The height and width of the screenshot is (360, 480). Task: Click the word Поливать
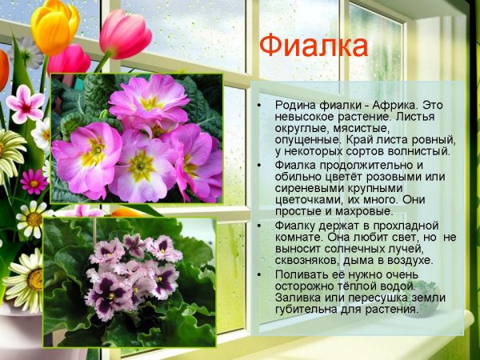(x=301, y=274)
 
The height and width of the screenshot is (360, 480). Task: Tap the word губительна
(x=311, y=309)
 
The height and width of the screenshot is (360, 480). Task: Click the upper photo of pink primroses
(x=136, y=138)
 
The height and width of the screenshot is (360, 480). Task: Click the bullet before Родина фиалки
(x=258, y=106)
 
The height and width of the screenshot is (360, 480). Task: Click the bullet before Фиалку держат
(x=258, y=226)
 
